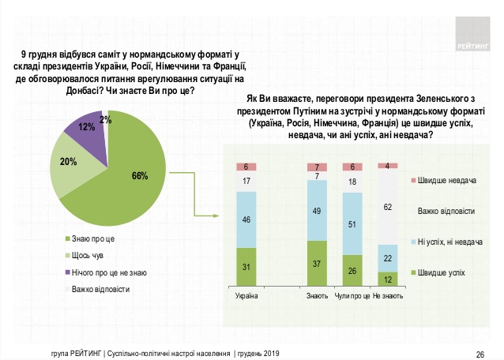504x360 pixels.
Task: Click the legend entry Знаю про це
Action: click(92, 238)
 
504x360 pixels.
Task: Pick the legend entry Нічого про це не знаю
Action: click(107, 272)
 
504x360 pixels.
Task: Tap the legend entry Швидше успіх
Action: click(442, 272)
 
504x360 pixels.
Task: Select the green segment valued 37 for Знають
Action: click(317, 263)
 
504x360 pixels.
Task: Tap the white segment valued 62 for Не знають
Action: click(387, 207)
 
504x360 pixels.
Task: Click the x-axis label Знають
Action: click(317, 296)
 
